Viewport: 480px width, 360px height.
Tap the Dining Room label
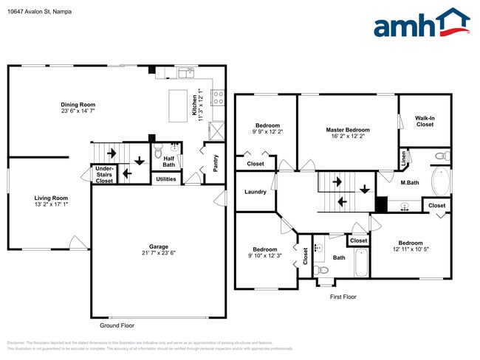point(78,105)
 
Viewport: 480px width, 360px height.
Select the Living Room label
point(51,198)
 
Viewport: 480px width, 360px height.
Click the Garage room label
point(159,246)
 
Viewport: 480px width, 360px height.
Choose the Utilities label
point(166,179)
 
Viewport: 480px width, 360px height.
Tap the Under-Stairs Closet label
point(104,175)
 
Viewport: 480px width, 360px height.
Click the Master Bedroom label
point(348,130)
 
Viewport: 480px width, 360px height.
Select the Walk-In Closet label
point(425,121)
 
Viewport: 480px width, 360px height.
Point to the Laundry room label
point(255,193)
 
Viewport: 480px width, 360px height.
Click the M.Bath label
point(411,182)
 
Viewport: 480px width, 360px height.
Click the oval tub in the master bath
point(440,181)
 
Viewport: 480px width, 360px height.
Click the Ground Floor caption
point(117,325)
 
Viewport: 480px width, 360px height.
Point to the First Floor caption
point(343,296)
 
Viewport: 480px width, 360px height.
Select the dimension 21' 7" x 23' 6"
point(159,253)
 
